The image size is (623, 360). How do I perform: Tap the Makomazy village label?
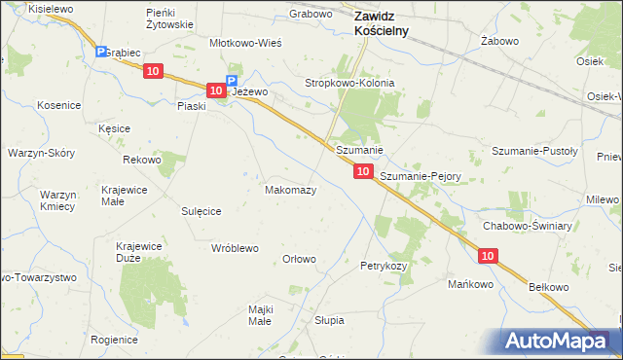pos(290,190)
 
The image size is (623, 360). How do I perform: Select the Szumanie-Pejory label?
pos(420,176)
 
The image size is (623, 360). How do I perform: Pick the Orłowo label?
pos(299,259)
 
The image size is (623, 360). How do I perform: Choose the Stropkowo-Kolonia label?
pos(350,84)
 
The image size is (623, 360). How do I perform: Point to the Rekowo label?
pos(141,159)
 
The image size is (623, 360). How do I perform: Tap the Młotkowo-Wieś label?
pos(246,43)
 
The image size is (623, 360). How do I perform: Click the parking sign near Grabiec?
pos(100,52)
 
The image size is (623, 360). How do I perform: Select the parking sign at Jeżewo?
pos(232,82)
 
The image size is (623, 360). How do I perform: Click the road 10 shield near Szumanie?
pos(362,170)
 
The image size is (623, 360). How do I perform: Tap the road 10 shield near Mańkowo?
pos(489,255)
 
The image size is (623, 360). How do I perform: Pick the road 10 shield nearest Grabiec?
pos(153,70)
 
